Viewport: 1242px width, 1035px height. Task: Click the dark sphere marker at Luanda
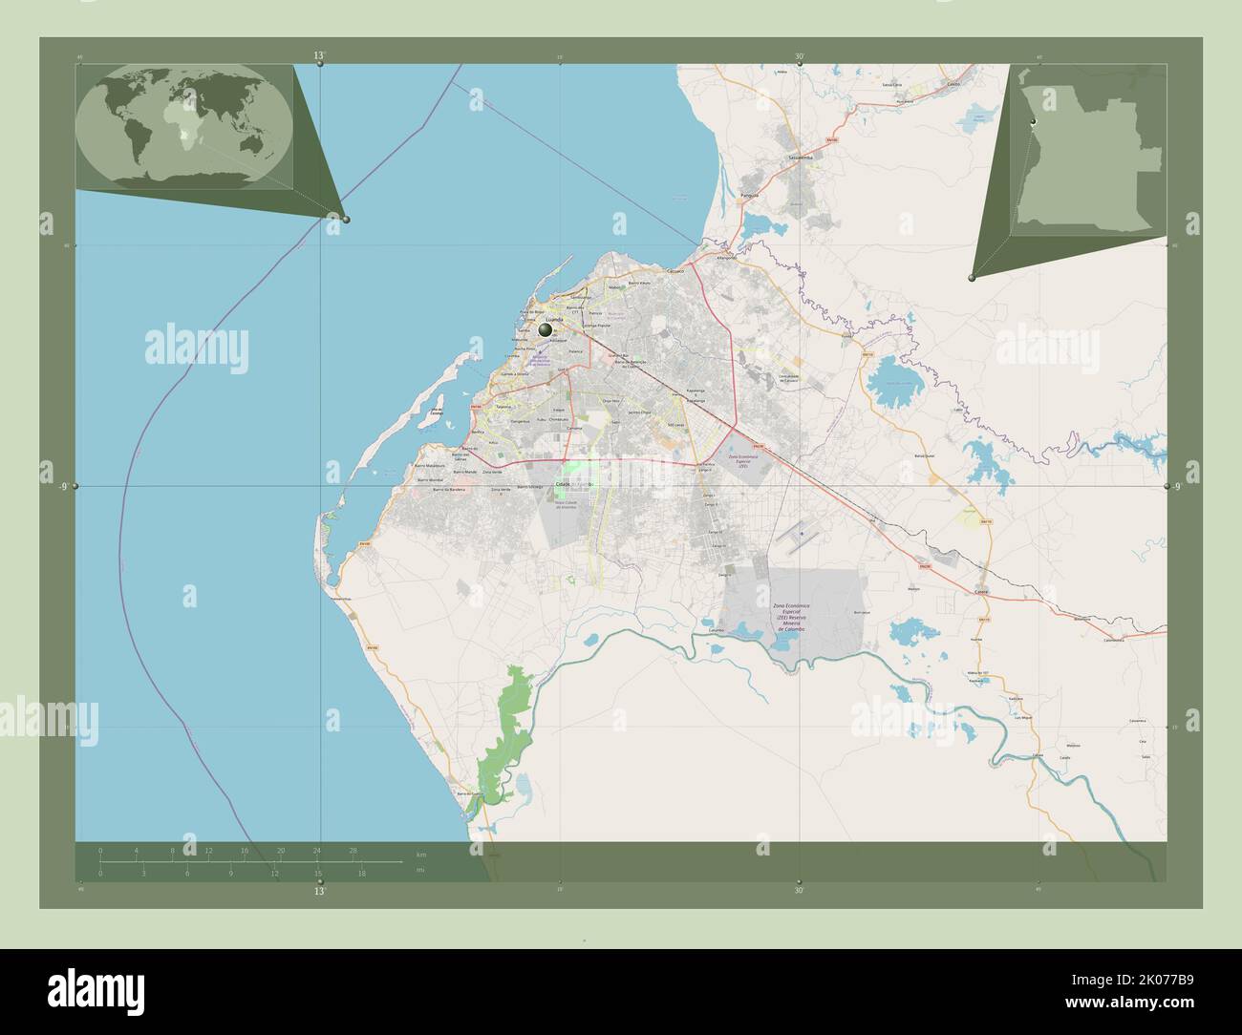coord(546,329)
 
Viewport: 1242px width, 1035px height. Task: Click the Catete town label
coord(982,589)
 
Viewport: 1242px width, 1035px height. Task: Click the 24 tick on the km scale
coord(316,850)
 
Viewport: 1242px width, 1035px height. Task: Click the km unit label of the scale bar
coord(420,852)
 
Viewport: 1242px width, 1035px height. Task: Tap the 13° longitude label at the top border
coord(319,56)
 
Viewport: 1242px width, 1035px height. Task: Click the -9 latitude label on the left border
coord(62,487)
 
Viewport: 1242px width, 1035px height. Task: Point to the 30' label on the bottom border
coord(799,889)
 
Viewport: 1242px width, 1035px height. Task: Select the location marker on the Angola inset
coord(1033,122)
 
